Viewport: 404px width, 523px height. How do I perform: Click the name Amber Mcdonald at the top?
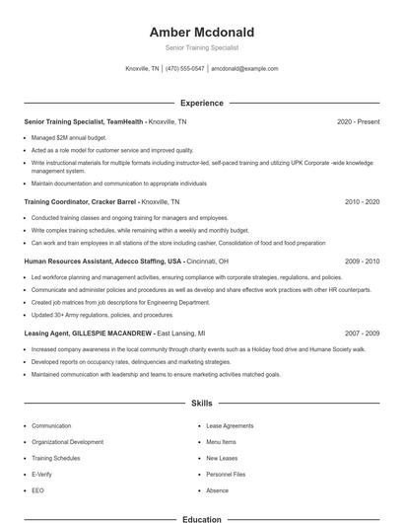201,32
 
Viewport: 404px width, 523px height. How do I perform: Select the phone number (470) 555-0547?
185,69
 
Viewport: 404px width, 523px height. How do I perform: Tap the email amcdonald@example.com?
245,69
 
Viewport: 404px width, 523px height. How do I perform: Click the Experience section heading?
201,103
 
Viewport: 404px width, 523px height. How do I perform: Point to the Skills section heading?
201,404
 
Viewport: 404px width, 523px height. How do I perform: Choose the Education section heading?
201,518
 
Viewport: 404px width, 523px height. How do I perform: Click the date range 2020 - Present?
358,121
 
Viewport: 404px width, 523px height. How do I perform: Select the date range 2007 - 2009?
362,334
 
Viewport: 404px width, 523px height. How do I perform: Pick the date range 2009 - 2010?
362,261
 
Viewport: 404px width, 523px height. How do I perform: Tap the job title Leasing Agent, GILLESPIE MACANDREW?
88,334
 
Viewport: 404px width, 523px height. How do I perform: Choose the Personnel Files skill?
226,475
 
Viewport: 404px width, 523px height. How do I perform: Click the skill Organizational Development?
67,442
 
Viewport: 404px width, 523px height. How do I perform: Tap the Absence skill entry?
217,490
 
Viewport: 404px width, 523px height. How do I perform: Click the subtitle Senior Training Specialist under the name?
201,47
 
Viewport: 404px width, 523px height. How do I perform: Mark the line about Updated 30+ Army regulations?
88,315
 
